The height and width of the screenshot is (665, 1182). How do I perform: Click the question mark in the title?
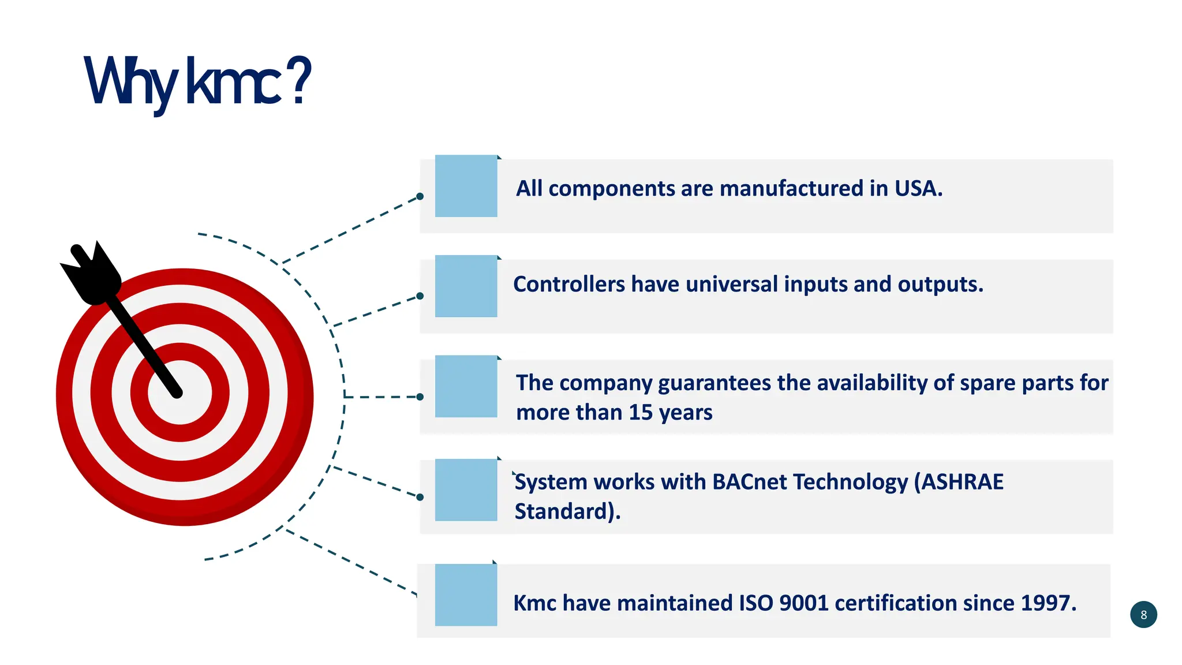(299, 81)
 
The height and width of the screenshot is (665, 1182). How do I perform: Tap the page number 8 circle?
(1143, 615)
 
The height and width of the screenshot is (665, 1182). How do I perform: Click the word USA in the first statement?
(918, 189)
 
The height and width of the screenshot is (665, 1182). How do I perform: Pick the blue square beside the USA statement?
(466, 186)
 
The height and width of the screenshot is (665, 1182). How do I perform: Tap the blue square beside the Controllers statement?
(466, 286)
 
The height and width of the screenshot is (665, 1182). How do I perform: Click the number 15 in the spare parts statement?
(641, 413)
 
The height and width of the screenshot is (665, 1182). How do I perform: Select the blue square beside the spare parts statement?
(466, 386)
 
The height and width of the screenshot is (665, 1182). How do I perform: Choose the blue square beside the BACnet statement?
(466, 490)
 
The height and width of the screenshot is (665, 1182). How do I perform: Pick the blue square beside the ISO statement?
(466, 595)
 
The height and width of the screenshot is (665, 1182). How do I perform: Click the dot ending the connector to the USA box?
(420, 196)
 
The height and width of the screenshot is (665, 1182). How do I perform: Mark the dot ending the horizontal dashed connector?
(420, 397)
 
